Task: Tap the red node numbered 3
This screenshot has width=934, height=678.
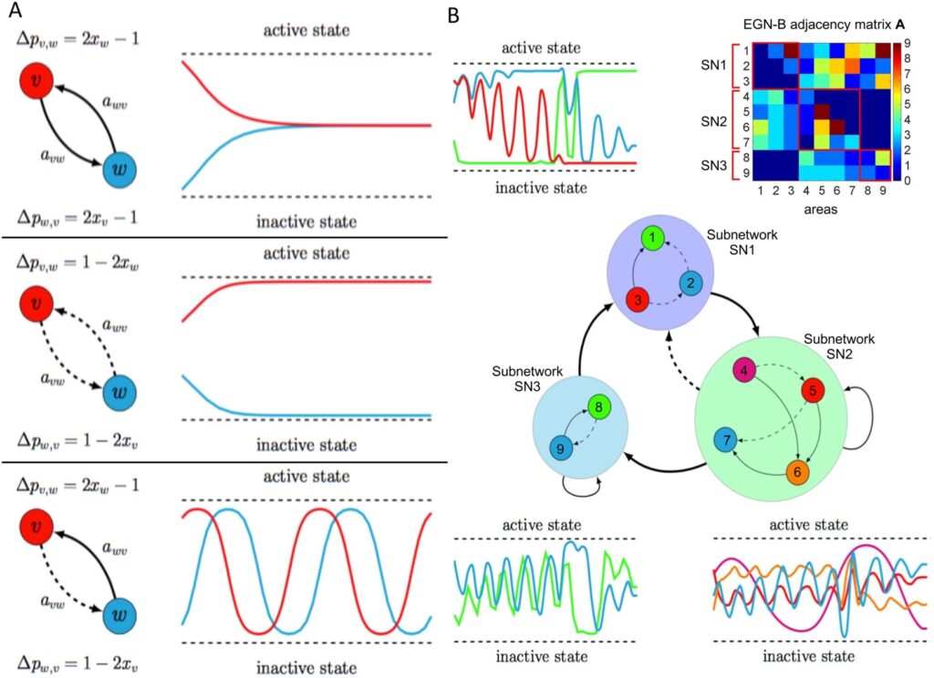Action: click(638, 299)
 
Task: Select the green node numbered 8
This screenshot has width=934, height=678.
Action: click(597, 407)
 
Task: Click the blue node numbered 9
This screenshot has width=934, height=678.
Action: click(561, 447)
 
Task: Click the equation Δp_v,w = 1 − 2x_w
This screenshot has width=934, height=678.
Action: click(77, 262)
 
